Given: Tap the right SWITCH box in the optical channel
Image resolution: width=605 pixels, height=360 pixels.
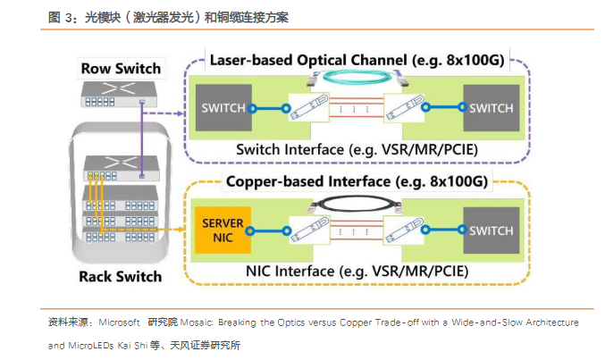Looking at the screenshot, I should click(491, 109).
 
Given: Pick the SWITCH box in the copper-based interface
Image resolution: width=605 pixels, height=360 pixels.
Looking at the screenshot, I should click(491, 230).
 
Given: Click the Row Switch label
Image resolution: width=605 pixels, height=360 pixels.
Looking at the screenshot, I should click(121, 68).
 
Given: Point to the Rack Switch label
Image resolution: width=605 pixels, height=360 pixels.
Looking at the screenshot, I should click(121, 275).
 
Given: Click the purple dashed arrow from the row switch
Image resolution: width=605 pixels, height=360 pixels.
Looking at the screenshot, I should click(165, 113).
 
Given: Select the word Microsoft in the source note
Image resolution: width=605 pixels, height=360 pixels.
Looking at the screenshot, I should click(119, 322).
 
